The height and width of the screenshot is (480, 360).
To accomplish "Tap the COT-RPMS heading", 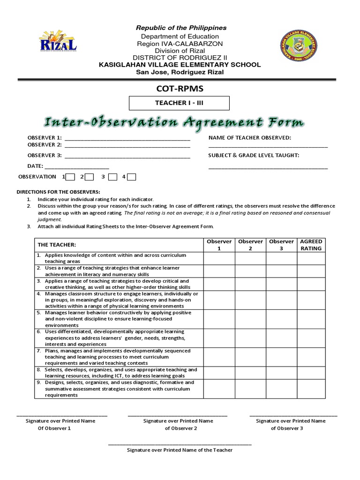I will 180,89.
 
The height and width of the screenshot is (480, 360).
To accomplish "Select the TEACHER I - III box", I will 180,103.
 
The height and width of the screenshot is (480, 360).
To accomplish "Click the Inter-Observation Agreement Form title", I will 174,122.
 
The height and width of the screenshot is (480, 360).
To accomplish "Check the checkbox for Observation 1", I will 70,177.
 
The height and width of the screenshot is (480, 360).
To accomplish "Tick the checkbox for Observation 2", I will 89,177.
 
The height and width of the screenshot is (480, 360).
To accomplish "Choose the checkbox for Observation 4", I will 132,177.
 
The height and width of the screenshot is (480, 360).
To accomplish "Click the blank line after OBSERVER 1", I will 127,140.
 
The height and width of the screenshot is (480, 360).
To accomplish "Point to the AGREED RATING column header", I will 311,245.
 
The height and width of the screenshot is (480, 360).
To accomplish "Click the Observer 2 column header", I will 250,245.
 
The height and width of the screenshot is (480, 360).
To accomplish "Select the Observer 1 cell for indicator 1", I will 219,258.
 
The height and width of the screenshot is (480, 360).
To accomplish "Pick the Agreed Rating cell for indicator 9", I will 311,389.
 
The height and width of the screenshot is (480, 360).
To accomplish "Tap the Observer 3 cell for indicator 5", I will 281,319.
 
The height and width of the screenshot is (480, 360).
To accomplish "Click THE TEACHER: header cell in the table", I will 119,245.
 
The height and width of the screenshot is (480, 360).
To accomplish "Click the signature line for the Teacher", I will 180,444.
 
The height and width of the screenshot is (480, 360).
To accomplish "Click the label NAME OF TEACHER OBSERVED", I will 250,137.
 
